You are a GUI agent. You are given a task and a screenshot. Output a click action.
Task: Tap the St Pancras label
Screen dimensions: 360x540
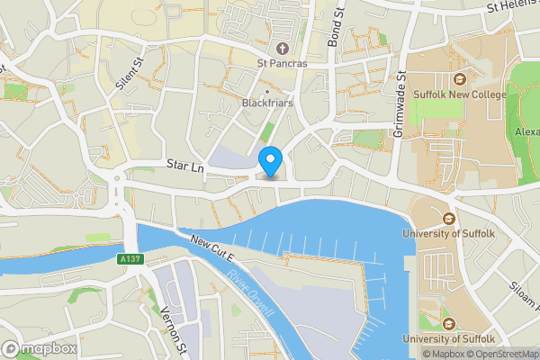coord(283,63)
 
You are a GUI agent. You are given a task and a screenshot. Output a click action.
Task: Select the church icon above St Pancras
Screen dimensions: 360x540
coord(283,48)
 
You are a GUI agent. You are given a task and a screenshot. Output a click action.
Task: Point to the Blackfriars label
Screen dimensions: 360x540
coord(267,103)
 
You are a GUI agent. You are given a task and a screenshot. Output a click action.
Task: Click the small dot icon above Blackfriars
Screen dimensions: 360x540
coord(267,91)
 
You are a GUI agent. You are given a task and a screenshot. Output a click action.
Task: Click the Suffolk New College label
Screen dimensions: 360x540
coord(458,94)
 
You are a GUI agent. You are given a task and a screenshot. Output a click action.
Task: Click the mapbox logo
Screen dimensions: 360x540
coord(38,347)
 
